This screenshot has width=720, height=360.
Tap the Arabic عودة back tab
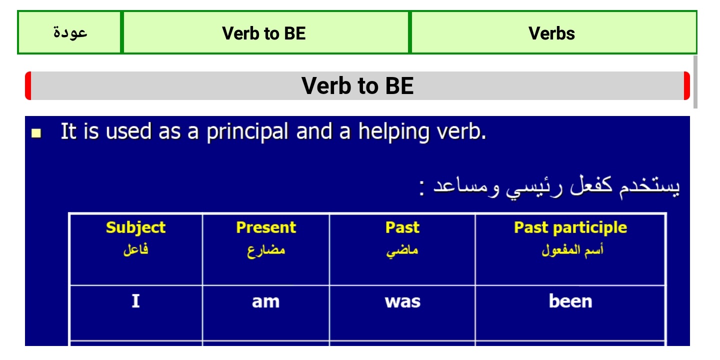[x=69, y=32]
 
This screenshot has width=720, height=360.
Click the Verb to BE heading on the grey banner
[x=357, y=86]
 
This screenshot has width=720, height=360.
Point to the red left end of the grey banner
[x=28, y=86]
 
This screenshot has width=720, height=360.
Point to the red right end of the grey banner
[x=687, y=86]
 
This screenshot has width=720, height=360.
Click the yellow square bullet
[x=36, y=133]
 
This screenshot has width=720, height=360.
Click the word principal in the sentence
[x=247, y=132]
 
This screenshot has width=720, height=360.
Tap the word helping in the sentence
[x=394, y=132]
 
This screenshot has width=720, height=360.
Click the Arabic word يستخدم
[x=649, y=187]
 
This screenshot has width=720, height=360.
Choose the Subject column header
[x=135, y=227]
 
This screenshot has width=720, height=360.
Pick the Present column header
[x=266, y=227]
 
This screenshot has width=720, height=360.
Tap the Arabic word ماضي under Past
[x=402, y=250]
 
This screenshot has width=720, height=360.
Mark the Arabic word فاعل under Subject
[x=135, y=250]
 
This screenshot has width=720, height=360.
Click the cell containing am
[x=266, y=313]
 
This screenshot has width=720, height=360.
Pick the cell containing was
[x=402, y=313]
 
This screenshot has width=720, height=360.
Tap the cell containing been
[x=570, y=313]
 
